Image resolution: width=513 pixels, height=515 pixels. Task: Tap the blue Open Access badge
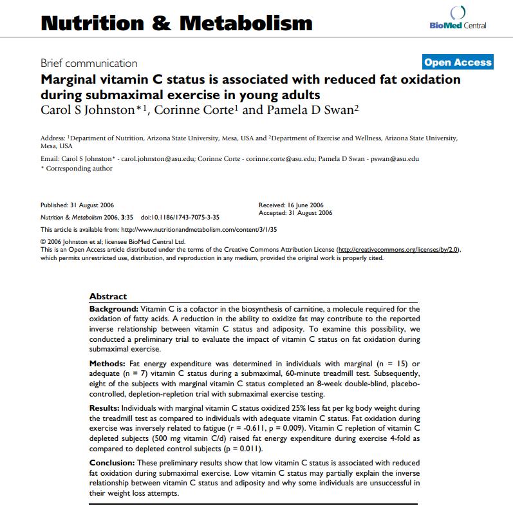click(x=458, y=62)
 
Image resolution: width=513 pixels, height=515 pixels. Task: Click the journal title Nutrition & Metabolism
click(x=176, y=23)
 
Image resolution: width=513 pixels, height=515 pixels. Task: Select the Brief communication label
click(x=89, y=63)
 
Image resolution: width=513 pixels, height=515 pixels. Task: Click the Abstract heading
click(x=108, y=296)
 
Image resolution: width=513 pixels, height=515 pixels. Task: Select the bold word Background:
click(x=114, y=308)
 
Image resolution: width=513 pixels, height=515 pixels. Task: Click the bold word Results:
click(x=104, y=409)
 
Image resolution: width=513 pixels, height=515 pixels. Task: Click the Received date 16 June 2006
click(x=304, y=205)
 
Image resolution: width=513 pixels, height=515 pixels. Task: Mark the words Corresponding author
click(x=79, y=169)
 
